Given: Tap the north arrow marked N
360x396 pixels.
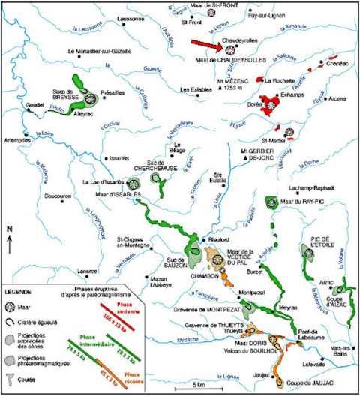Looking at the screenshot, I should coord(9,238).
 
